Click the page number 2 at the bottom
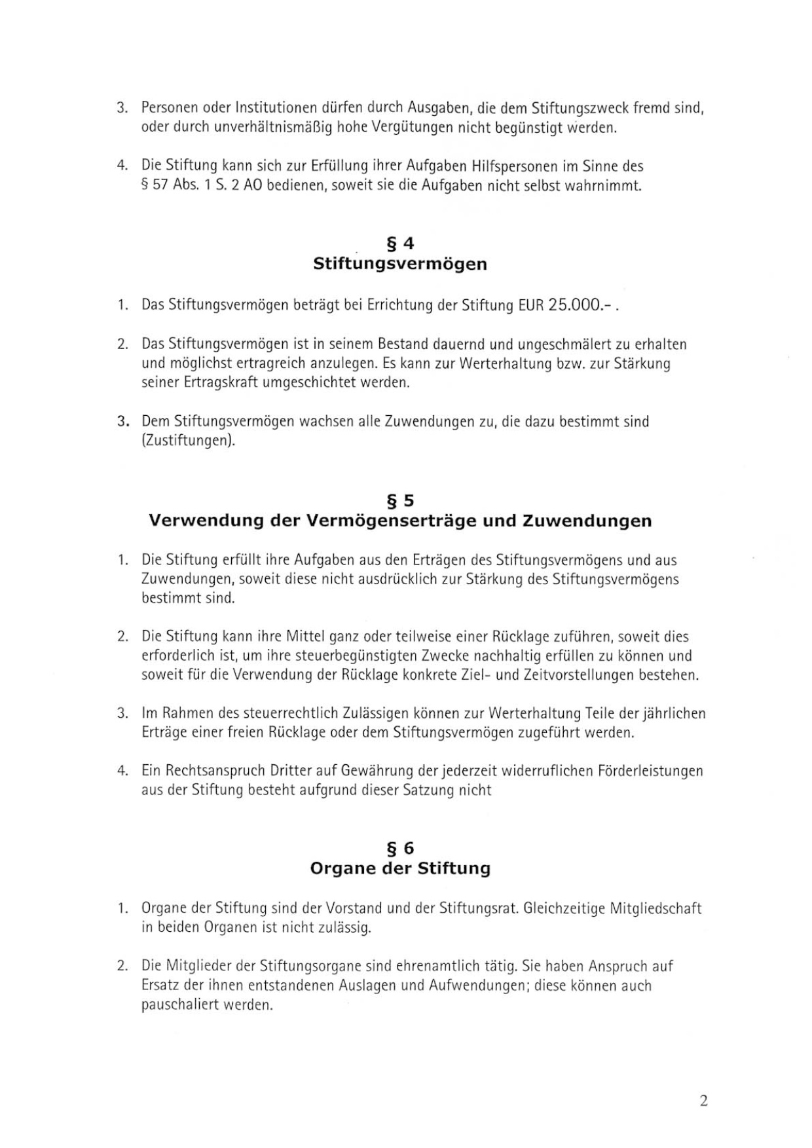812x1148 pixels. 703,1100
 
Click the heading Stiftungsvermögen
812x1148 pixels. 400,264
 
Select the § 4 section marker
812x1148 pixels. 400,244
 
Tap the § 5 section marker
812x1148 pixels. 400,501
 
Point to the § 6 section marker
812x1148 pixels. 400,849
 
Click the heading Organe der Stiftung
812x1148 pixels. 400,868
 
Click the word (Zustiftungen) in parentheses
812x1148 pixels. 188,441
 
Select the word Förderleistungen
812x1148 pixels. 650,771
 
